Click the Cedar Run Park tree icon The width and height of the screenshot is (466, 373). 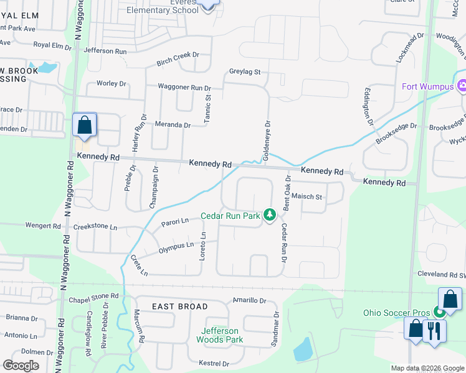269,215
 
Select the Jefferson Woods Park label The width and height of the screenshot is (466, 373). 219,335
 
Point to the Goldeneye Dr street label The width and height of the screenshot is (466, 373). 267,140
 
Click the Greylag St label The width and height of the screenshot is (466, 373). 244,72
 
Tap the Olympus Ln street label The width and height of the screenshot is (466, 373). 176,247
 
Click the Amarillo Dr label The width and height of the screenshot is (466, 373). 249,300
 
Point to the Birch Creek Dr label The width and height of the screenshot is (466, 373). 178,55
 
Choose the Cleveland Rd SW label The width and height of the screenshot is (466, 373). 441,274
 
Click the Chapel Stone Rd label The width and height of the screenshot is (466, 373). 93,296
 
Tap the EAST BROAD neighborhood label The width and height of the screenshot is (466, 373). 180,306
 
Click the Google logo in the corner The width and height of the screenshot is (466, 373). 21,366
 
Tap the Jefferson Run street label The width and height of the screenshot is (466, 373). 105,51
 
